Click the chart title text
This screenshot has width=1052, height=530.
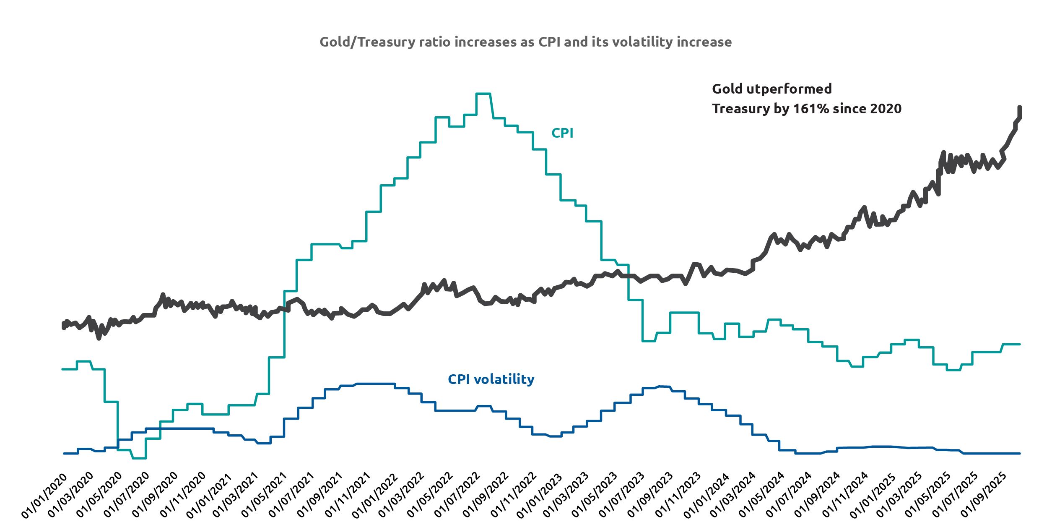[525, 42]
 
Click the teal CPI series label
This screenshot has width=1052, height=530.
[562, 133]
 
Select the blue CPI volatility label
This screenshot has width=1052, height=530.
[491, 379]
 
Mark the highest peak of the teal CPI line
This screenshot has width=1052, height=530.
[483, 94]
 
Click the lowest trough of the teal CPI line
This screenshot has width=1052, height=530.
[139, 458]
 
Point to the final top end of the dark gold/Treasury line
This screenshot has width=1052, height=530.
[1020, 107]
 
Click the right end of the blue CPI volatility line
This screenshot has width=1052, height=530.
[1020, 454]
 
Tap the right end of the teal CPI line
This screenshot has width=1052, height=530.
[1020, 344]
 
